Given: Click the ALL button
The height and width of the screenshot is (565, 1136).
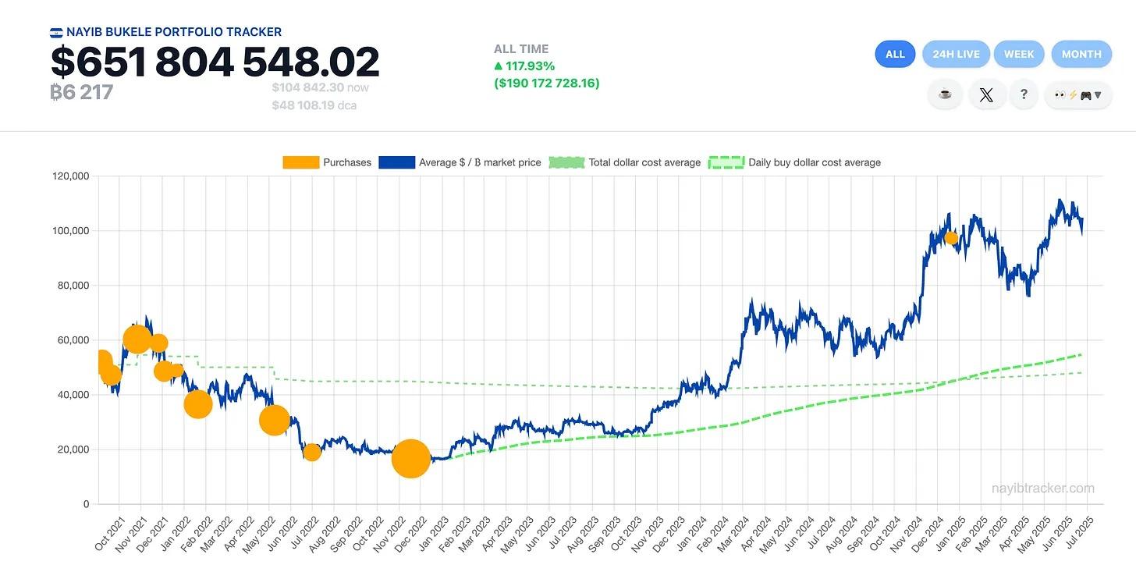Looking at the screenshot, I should (x=895, y=54).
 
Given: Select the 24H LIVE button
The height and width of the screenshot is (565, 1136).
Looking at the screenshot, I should (x=956, y=54).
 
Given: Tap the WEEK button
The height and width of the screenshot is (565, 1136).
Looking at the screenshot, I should (x=1019, y=54).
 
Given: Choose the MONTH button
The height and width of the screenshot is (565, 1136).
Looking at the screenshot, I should (x=1081, y=54).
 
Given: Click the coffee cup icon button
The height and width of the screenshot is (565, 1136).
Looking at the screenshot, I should (x=945, y=94).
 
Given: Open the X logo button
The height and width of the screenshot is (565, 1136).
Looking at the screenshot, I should (x=986, y=94).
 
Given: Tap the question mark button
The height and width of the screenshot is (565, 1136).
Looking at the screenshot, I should (x=1024, y=94).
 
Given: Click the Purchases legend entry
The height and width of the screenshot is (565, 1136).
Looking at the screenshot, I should (x=327, y=162).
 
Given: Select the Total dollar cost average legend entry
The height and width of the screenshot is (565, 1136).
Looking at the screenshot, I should (x=625, y=162).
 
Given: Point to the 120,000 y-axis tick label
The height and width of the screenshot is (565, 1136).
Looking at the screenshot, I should (x=69, y=176).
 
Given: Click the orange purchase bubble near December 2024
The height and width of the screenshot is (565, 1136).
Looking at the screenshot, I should (x=950, y=238).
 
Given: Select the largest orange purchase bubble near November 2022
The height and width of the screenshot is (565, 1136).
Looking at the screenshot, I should (x=410, y=458).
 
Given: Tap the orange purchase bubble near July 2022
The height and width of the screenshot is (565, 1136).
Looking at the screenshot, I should (x=312, y=452).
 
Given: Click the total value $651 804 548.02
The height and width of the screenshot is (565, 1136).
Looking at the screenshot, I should (x=215, y=62).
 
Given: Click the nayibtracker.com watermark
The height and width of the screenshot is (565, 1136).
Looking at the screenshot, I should (x=1042, y=489).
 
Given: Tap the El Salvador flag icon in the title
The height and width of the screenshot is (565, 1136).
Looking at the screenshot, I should (x=56, y=33).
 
